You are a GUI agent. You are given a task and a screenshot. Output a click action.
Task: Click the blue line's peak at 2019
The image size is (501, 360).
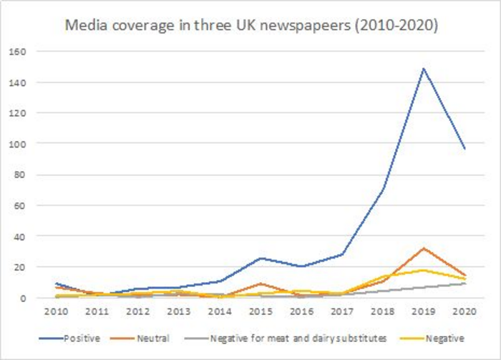[424, 69]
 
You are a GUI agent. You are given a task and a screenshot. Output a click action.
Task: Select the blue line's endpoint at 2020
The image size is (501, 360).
[464, 148]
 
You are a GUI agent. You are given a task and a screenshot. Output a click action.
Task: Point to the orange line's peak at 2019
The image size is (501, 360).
[424, 248]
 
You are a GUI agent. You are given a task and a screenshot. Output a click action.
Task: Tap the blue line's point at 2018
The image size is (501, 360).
[383, 190]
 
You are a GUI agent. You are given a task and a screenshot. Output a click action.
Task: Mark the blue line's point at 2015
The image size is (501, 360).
[261, 258]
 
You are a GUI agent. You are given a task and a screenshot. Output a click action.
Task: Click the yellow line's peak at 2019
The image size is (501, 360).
[424, 270]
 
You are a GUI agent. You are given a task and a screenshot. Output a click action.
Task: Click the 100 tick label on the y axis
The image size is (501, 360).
[18, 144]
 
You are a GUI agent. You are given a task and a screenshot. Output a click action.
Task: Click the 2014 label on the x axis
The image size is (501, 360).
[220, 311]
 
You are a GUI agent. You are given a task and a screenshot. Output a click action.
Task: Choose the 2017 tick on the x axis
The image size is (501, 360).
[342, 311]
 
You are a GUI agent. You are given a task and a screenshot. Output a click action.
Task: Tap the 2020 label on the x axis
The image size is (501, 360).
[464, 311]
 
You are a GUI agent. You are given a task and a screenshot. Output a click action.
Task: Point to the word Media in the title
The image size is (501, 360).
[84, 26]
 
